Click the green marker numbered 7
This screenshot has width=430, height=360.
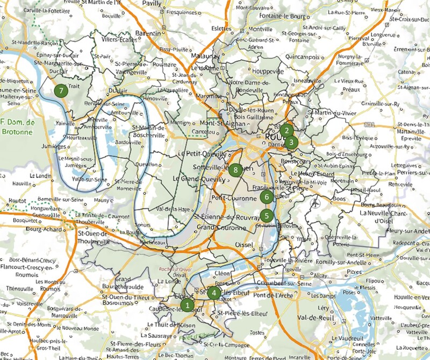61,90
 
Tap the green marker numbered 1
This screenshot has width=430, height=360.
187,305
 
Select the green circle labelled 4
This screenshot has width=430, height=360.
214,293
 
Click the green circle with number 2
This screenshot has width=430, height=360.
287,130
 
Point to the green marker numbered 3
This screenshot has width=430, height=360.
291,143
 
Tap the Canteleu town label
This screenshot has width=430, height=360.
200,132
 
